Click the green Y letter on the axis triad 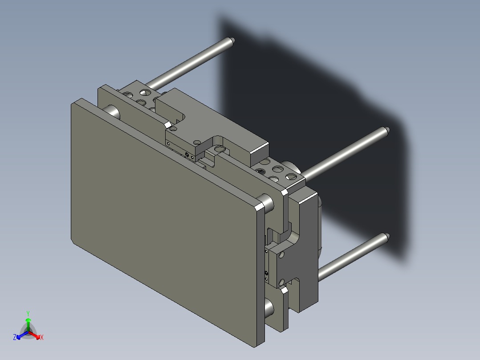pyautogui.click(x=28, y=313)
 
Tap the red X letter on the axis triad pyautogui.click(x=42, y=337)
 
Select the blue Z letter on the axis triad pyautogui.click(x=15, y=337)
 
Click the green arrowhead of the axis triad pyautogui.click(x=28, y=320)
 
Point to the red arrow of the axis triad pyautogui.click(x=34, y=335)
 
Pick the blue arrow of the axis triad pyautogui.click(x=22, y=335)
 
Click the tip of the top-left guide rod pyautogui.click(x=232, y=40)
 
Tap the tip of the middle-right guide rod pyautogui.click(x=387, y=130)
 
